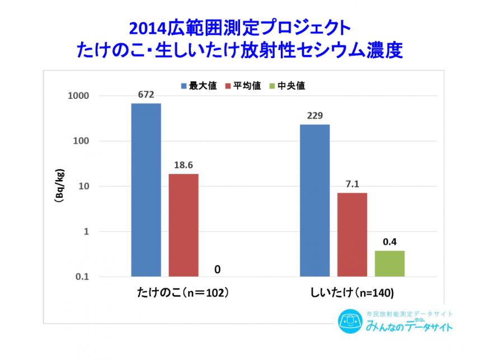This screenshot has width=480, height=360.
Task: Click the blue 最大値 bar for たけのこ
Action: pyautogui.click(x=146, y=190)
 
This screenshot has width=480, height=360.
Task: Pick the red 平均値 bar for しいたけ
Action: pyautogui.click(x=352, y=234)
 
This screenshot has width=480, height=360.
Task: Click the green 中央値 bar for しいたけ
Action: pyautogui.click(x=389, y=263)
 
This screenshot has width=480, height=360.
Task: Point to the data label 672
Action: pyautogui.click(x=146, y=94)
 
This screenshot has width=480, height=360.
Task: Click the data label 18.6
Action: pyautogui.click(x=183, y=165)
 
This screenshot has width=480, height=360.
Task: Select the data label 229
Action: pyautogui.click(x=315, y=116)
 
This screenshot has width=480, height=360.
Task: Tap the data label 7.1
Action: pyautogui.click(x=352, y=184)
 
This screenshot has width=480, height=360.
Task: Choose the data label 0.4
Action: pyautogui.click(x=389, y=242)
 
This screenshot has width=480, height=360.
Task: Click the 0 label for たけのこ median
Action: pyautogui.click(x=217, y=269)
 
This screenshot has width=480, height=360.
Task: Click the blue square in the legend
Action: pyautogui.click(x=183, y=86)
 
